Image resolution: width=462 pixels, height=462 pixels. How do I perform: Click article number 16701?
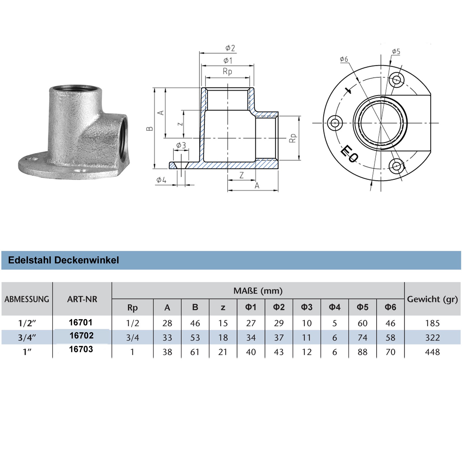click(81, 322)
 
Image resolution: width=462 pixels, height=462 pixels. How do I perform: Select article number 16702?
click(81, 336)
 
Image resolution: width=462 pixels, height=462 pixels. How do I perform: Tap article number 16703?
click(81, 349)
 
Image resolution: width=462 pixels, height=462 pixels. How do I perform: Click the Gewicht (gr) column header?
click(432, 299)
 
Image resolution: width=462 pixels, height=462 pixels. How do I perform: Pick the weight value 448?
click(432, 352)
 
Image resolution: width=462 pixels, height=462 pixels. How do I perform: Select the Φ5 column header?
click(362, 307)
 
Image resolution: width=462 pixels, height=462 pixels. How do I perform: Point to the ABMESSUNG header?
click(27, 299)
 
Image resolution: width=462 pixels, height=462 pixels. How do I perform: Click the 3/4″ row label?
click(27, 338)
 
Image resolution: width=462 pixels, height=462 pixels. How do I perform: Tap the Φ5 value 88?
click(362, 352)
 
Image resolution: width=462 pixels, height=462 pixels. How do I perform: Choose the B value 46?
click(195, 323)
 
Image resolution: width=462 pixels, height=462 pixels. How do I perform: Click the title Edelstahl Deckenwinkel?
click(64, 260)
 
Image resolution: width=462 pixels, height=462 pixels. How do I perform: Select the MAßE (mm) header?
click(258, 291)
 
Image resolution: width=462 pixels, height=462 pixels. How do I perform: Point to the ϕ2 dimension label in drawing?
click(230, 48)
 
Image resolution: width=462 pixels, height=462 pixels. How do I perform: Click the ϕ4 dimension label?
click(161, 180)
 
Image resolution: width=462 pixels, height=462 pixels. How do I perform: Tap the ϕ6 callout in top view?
click(344, 59)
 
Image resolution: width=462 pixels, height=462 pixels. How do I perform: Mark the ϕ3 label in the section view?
click(181, 145)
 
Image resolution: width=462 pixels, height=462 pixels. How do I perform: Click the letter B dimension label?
click(150, 128)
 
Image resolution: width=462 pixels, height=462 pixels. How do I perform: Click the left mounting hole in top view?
click(335, 123)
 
